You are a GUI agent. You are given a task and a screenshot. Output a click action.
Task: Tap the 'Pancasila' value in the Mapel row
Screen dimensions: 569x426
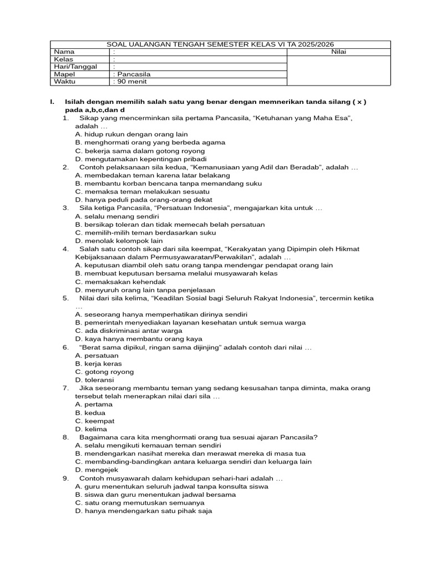pyautogui.click(x=133, y=74)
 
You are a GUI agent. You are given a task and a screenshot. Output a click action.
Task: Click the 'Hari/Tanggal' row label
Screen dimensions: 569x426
pyautogui.click(x=75, y=67)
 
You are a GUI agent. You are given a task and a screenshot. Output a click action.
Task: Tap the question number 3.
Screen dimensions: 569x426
pyautogui.click(x=65, y=208)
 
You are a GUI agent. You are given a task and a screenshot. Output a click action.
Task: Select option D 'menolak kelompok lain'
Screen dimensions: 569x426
pyautogui.click(x=119, y=241)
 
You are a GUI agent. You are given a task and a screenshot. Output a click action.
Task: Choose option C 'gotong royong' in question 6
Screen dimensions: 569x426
pyautogui.click(x=104, y=372)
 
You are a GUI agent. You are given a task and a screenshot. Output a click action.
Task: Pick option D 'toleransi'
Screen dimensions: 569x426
pyautogui.click(x=94, y=380)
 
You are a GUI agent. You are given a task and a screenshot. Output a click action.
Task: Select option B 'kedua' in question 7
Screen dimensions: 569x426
pyautogui.click(x=90, y=413)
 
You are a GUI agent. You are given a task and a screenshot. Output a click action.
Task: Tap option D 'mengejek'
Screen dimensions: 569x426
pyautogui.click(x=97, y=470)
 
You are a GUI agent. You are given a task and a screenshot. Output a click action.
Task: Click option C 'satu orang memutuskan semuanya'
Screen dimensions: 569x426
pyautogui.click(x=139, y=503)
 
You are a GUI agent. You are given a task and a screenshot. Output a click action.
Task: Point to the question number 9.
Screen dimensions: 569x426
pyautogui.click(x=65, y=478)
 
